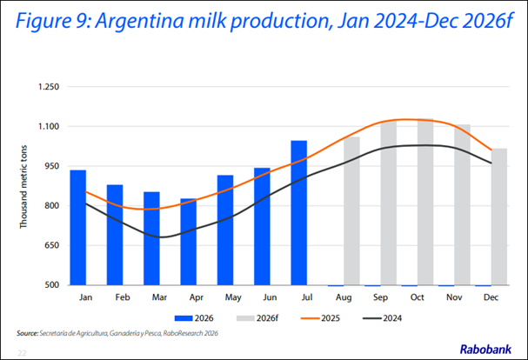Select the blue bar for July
click(299, 213)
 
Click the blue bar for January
click(78, 228)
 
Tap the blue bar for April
click(189, 242)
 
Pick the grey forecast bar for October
click(425, 202)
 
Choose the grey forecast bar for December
click(499, 217)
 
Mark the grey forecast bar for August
click(351, 210)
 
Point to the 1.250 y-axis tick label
click(49, 87)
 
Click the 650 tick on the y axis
click(52, 245)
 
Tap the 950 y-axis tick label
click(52, 166)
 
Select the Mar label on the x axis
click(159, 297)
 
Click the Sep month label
click(380, 297)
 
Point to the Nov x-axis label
click(454, 297)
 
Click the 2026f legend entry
click(257, 318)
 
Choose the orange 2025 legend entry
click(320, 318)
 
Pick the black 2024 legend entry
click(382, 318)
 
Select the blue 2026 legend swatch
click(184, 318)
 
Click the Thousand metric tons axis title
click(23, 187)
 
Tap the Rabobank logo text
click(485, 350)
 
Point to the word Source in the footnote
click(27, 333)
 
